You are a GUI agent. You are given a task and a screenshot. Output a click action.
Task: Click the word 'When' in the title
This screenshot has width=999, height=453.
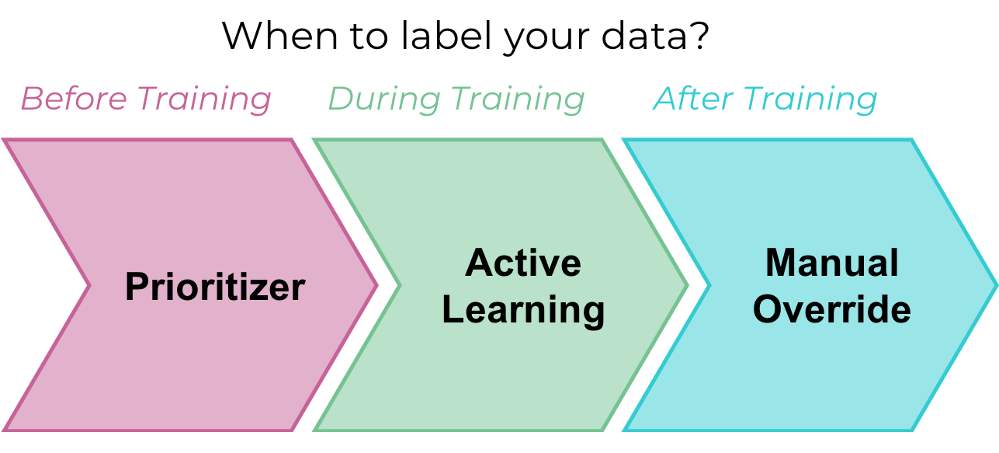[279, 36]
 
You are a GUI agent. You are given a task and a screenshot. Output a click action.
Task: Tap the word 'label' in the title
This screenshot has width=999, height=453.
[446, 35]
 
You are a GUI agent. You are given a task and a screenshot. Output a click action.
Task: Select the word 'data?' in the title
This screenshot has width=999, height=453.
[655, 35]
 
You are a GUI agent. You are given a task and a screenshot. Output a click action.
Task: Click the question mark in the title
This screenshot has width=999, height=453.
[700, 35]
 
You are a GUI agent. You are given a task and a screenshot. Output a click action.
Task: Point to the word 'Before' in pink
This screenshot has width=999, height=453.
[74, 99]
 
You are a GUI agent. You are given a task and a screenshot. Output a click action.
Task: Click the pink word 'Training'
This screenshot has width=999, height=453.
[204, 100]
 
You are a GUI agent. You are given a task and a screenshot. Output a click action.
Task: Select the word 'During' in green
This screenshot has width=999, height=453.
[384, 100]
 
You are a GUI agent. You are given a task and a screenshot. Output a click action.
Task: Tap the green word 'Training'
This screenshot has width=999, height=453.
[518, 100]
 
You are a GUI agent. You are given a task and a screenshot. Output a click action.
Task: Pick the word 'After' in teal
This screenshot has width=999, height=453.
[693, 99]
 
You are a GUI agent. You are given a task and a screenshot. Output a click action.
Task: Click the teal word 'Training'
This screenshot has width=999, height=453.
[810, 100]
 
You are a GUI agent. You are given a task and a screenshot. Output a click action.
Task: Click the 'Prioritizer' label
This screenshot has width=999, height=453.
[216, 287]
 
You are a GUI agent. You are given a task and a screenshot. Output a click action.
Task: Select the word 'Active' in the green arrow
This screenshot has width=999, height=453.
[523, 263]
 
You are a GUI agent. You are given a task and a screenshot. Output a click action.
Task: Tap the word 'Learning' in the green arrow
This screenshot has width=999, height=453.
[523, 311]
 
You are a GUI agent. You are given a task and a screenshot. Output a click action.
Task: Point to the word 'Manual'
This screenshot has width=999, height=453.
[832, 263]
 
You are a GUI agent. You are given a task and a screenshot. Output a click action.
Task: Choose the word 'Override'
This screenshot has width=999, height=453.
[832, 309]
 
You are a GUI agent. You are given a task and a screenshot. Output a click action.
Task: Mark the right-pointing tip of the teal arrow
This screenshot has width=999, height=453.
[997, 285]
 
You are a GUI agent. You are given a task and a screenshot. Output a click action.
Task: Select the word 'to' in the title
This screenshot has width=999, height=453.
[369, 37]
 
